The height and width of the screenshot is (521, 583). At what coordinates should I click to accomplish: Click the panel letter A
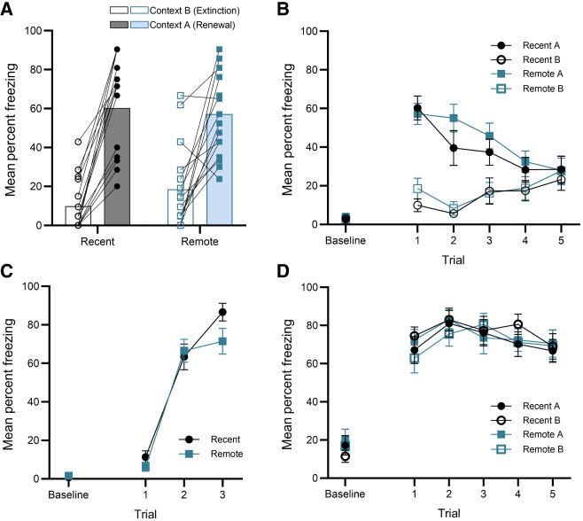pos(9,9)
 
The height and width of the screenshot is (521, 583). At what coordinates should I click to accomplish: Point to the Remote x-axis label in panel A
pos(200,241)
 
